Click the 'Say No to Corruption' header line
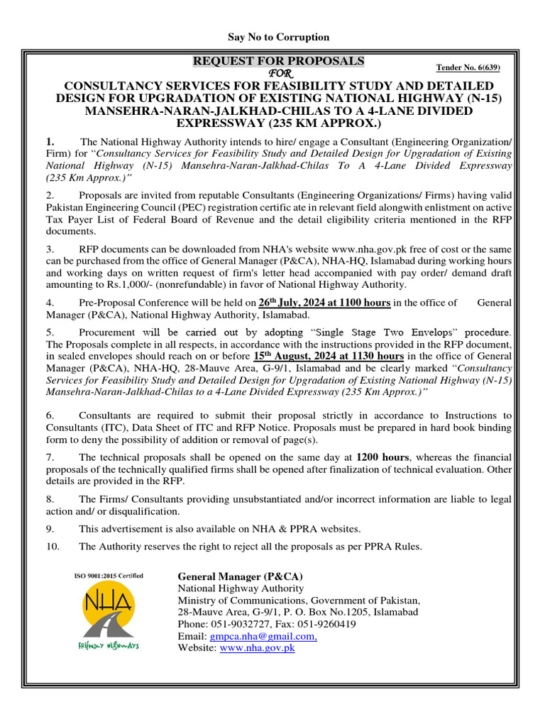click(x=278, y=37)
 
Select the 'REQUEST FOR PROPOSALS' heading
click(x=279, y=61)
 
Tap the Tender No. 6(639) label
click(x=468, y=67)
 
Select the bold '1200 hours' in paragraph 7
click(x=382, y=457)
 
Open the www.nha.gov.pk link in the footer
click(x=257, y=647)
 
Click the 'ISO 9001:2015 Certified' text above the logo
click(x=109, y=576)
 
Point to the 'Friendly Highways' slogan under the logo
click(x=108, y=646)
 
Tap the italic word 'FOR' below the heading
click(x=278, y=74)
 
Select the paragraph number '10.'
click(x=52, y=546)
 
